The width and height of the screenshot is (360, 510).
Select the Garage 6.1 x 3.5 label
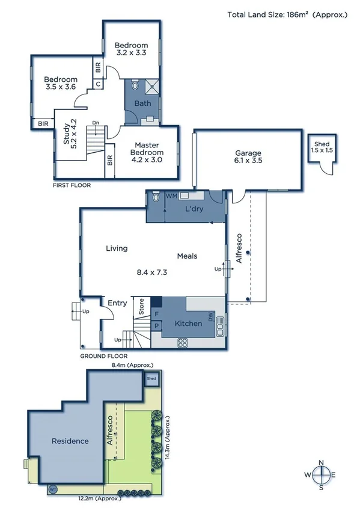pyautogui.click(x=248, y=156)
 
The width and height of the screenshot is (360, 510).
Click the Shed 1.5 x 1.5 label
pyautogui.click(x=322, y=146)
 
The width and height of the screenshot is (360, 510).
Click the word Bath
pyautogui.click(x=142, y=103)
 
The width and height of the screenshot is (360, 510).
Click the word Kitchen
pyautogui.click(x=188, y=324)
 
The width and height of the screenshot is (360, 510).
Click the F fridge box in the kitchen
pyautogui.click(x=156, y=314)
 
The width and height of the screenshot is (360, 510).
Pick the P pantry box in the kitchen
pyautogui.click(x=156, y=326)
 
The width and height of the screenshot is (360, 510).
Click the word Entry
pyautogui.click(x=117, y=303)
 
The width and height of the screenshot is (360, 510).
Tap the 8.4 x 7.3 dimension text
pyautogui.click(x=152, y=272)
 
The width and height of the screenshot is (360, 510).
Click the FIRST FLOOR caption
pyautogui.click(x=72, y=185)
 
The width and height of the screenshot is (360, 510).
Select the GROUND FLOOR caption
pyautogui.click(x=103, y=356)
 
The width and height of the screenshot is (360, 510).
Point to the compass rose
pyautogui.click(x=322, y=475)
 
